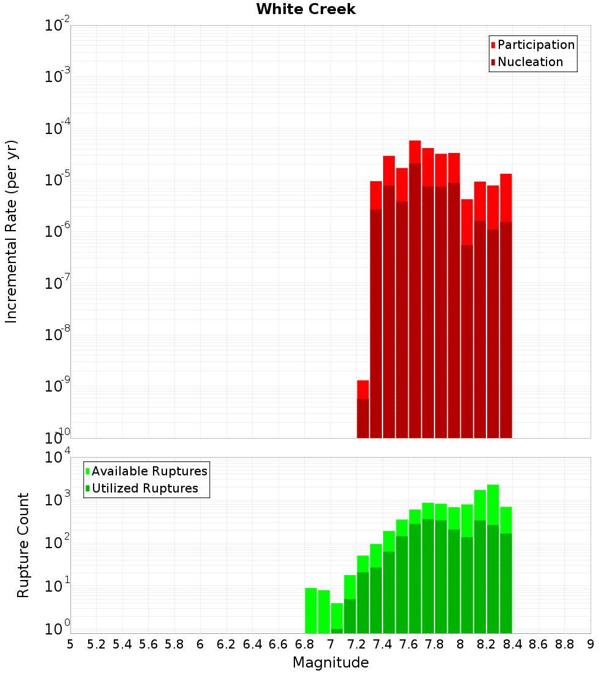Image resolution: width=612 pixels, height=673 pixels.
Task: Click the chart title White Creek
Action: [305, 9]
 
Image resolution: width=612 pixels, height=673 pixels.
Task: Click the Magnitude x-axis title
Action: [330, 663]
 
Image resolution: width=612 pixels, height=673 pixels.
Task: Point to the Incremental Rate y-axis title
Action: [12, 231]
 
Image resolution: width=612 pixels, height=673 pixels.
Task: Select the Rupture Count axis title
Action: [23, 545]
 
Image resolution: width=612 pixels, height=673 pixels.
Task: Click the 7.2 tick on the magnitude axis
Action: [357, 644]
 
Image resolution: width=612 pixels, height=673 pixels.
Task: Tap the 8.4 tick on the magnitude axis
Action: [513, 644]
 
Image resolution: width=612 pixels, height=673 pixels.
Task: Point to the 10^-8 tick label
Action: [58, 335]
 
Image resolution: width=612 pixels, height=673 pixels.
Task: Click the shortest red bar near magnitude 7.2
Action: [363, 390]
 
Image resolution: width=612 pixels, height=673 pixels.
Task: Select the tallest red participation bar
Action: [415, 152]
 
